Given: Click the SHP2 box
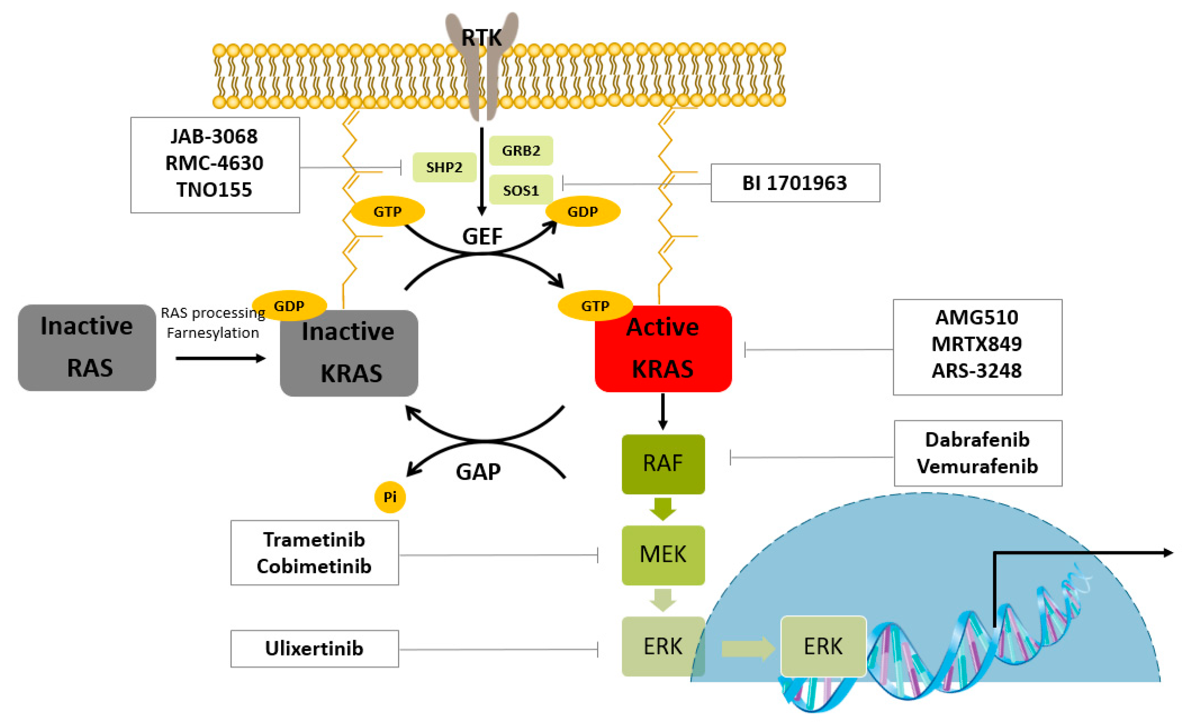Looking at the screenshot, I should (444, 167).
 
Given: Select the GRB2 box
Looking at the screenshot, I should (520, 150).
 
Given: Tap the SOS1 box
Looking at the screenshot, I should (520, 190).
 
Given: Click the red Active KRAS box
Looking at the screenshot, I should (663, 348).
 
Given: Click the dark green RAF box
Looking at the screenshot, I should (663, 464).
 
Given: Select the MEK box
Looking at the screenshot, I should (663, 555).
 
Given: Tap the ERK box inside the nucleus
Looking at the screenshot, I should (823, 646).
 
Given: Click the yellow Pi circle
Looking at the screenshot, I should (389, 497).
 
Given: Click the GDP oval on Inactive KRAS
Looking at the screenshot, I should (289, 306).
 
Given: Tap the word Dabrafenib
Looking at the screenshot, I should (977, 439).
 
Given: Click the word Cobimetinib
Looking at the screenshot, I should (314, 566).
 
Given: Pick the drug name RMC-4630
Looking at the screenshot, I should (214, 163).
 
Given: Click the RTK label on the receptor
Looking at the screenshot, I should (482, 37).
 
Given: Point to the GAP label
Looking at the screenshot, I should (478, 471).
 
